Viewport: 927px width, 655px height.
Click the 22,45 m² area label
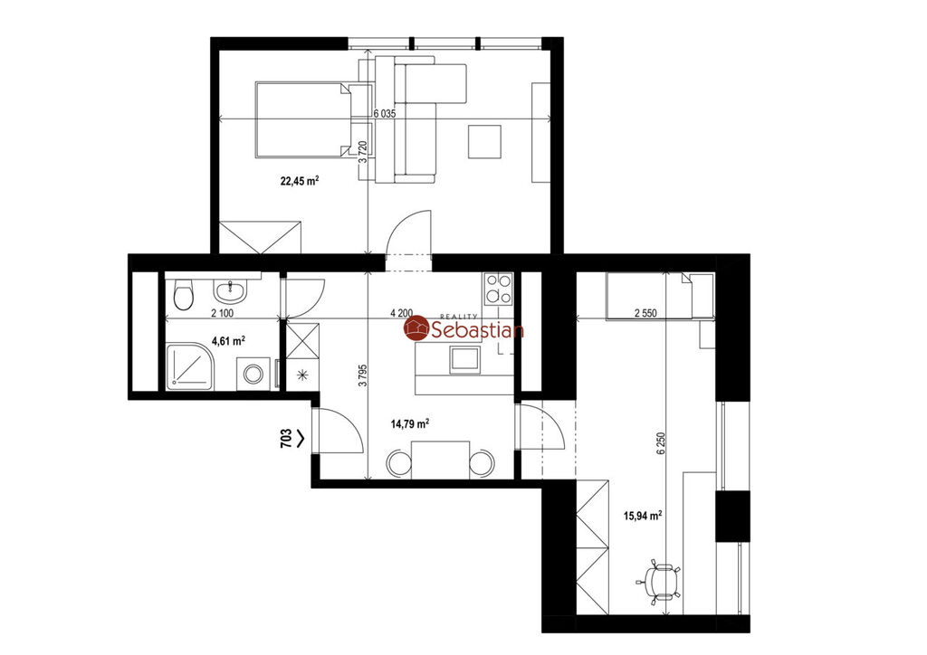[x=300, y=181]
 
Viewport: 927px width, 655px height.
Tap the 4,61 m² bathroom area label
[x=228, y=341]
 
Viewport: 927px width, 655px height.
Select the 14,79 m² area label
[x=410, y=423]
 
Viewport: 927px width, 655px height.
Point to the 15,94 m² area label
[x=643, y=516]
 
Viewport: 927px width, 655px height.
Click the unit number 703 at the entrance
[x=285, y=439]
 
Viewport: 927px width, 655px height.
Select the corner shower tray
[x=189, y=367]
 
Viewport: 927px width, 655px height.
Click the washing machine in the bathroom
[x=253, y=374]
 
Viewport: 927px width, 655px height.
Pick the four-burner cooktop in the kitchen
[x=498, y=290]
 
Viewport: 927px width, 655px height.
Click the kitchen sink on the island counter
[x=464, y=360]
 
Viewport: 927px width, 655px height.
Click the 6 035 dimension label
[x=384, y=114]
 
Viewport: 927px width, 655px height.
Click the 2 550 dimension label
[x=645, y=314]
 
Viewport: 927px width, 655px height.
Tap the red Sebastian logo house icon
[x=416, y=328]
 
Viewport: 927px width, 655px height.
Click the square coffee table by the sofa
[x=485, y=141]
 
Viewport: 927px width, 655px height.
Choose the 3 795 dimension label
[x=363, y=375]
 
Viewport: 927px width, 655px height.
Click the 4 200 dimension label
[x=401, y=313]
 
